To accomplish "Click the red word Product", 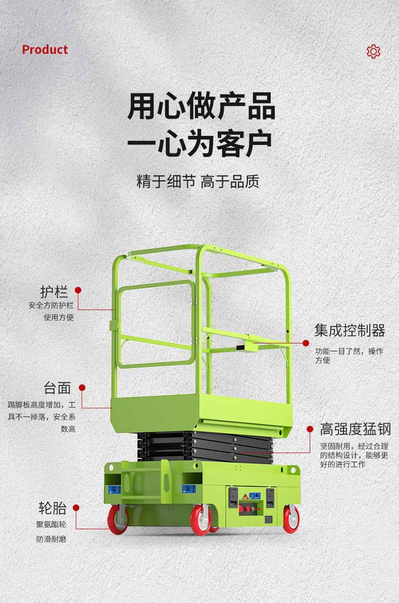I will click(x=44, y=49).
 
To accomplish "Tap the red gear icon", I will click(x=373, y=51).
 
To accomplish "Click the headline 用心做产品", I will click(x=201, y=106).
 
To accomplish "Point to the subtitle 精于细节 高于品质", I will click(x=198, y=181).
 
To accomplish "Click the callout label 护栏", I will click(x=54, y=291).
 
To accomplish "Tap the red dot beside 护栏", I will click(x=78, y=290).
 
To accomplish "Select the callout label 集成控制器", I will click(x=350, y=330).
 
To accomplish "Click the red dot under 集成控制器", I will click(x=306, y=343).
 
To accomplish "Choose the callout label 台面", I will click(x=57, y=388).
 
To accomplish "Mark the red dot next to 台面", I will click(x=82, y=388).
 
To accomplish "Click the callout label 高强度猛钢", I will click(x=356, y=429).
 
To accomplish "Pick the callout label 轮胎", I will click(x=53, y=508).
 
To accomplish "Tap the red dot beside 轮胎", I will click(x=76, y=508).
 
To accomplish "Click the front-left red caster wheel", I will click(x=118, y=520).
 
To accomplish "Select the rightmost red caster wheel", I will click(x=291, y=519).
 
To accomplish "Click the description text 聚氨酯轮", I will click(x=51, y=524).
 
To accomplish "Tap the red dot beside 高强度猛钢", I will click(x=310, y=429).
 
